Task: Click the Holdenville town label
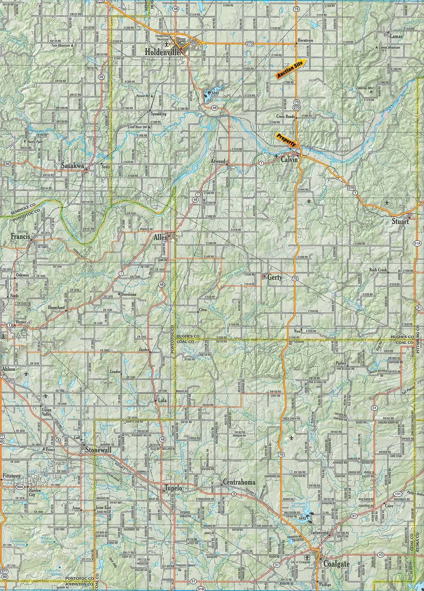click(162, 52)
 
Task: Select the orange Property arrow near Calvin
click(287, 140)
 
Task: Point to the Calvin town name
click(290, 160)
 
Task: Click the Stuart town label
click(400, 221)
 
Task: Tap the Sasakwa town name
click(73, 166)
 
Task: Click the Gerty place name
click(275, 278)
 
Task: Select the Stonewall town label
click(98, 450)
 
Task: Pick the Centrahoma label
click(239, 482)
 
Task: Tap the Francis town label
click(20, 236)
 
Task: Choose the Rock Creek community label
click(378, 270)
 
